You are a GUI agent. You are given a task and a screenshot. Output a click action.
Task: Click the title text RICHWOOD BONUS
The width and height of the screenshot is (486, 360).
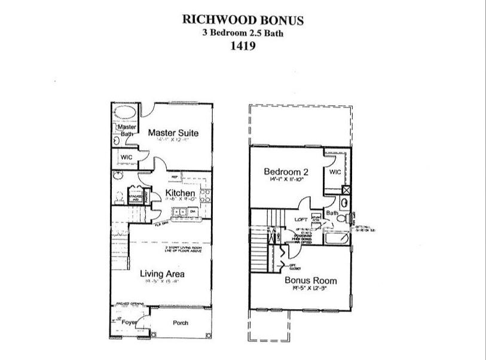(x=243, y=20)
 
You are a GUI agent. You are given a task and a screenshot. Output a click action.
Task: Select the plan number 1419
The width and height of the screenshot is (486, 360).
(x=243, y=47)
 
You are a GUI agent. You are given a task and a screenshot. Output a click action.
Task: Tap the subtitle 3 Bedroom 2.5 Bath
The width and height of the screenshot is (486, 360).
(x=243, y=33)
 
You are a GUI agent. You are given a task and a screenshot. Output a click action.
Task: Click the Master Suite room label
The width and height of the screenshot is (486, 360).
(x=173, y=133)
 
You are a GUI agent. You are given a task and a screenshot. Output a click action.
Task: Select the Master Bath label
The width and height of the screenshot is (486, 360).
(x=126, y=131)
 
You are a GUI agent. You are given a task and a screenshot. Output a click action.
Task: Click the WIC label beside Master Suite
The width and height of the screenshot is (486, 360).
(x=126, y=158)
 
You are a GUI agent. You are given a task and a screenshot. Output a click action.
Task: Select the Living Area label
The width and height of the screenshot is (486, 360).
(x=162, y=274)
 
